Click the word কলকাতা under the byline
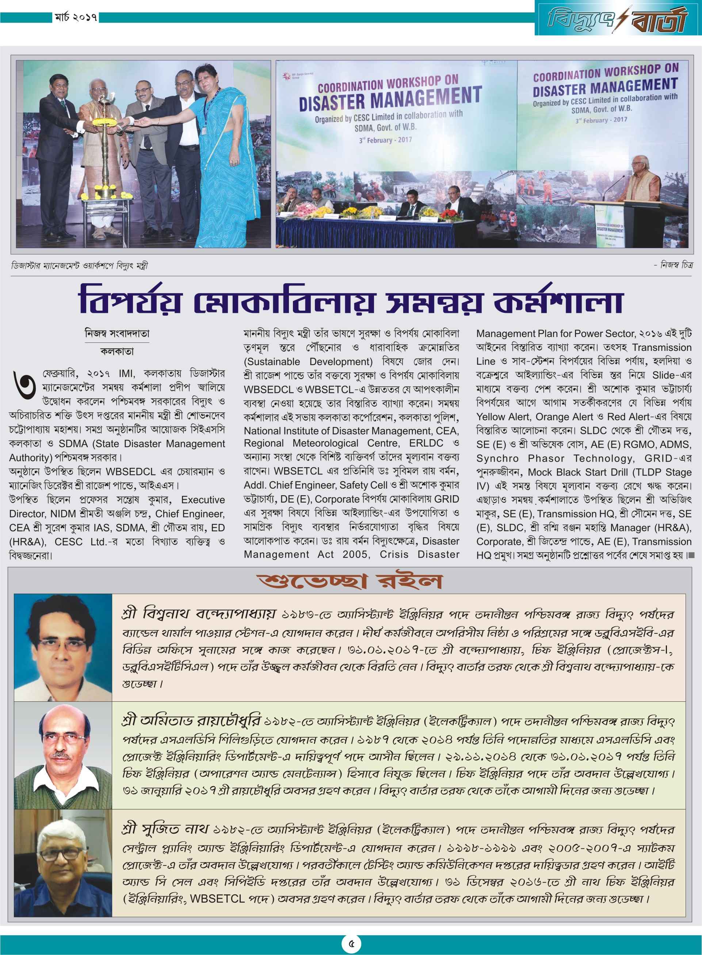coord(117,351)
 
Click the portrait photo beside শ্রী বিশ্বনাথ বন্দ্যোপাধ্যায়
coord(63,648)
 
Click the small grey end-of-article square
coord(691,555)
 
